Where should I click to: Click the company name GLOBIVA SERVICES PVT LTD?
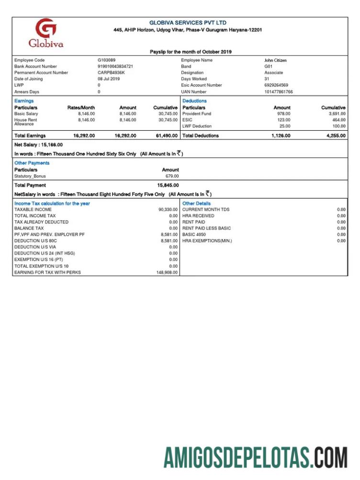[x=188, y=23]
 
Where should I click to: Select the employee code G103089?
[x=106, y=60]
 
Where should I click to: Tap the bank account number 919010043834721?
[x=115, y=66]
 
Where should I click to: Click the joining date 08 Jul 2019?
[x=109, y=79]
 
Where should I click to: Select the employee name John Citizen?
[x=275, y=60]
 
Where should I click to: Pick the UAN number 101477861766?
[x=278, y=91]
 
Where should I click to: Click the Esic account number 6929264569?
[x=276, y=85]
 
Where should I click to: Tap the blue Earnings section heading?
[x=24, y=101]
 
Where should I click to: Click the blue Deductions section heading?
[x=194, y=101]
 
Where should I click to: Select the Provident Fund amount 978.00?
[x=284, y=114]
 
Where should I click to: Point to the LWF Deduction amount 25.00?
[x=285, y=126]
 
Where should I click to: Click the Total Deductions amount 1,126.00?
[x=281, y=136]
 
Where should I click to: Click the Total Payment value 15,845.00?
[x=168, y=185]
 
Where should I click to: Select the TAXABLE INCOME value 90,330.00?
[x=168, y=209]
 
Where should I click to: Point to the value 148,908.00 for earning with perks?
[x=167, y=272]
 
